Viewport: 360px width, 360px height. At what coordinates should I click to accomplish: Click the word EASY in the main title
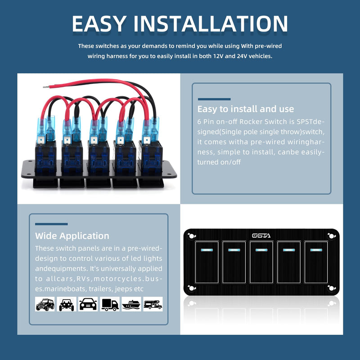coord(99,24)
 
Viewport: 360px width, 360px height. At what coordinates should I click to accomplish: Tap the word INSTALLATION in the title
coord(211,24)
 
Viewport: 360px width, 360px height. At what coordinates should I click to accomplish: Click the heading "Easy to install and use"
coord(245,109)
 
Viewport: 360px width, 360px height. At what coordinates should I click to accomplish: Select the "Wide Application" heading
coord(72,236)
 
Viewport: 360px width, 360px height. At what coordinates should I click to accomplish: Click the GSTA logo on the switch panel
coord(261,235)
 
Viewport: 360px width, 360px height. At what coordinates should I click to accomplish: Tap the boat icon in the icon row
coord(131,304)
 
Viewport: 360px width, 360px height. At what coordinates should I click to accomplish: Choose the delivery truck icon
coord(110,304)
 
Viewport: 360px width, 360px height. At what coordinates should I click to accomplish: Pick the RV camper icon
coord(153,304)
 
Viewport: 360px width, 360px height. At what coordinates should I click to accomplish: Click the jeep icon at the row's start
coord(45,304)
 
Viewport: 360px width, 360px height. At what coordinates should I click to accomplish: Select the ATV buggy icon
coord(66,304)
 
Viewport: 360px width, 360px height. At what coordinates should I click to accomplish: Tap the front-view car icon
coord(88,304)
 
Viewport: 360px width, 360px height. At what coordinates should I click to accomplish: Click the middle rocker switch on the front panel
coord(261,262)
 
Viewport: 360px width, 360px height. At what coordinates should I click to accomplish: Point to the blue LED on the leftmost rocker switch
coord(207,250)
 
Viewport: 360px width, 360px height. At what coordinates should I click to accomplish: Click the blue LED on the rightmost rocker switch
coord(316,250)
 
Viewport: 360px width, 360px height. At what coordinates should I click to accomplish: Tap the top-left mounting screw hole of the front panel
coord(192,236)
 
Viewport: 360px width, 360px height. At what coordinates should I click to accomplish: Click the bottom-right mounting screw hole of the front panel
coord(331,288)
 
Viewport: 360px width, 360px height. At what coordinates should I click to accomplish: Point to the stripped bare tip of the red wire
coord(46,87)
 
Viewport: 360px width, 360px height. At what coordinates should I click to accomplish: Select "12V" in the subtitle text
coord(218,56)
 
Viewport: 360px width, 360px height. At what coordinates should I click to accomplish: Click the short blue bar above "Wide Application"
coord(51,224)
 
